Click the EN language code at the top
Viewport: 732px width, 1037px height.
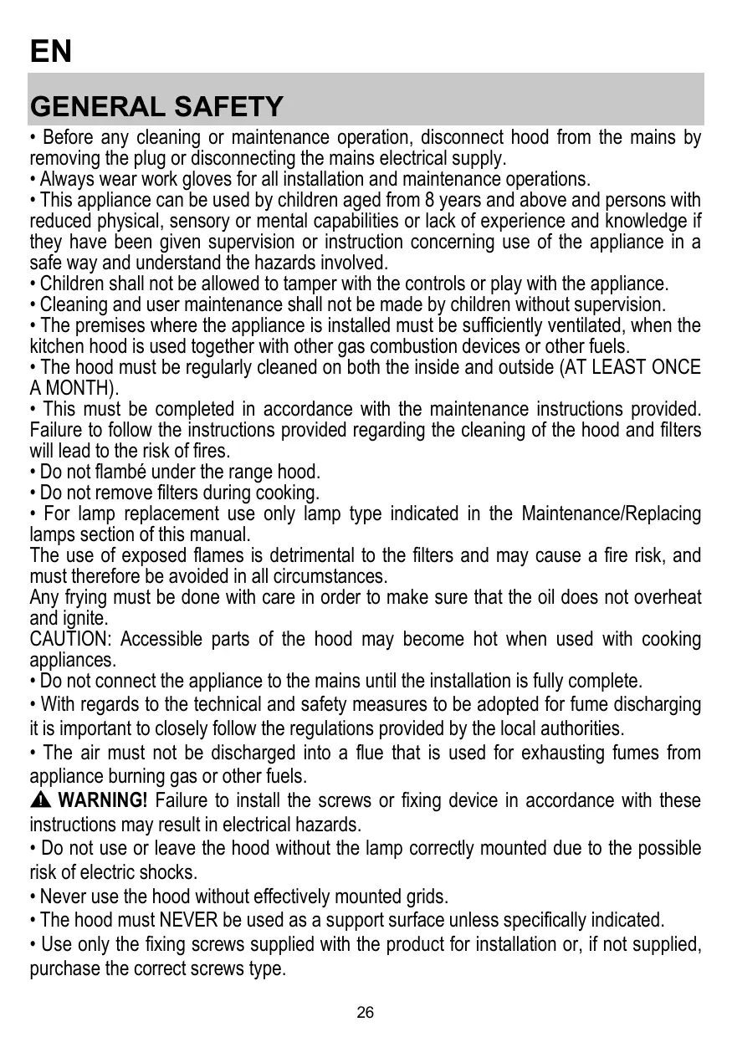pyautogui.click(x=51, y=52)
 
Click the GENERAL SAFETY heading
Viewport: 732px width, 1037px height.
pyautogui.click(x=156, y=107)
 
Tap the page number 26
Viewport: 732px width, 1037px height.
pyautogui.click(x=366, y=1013)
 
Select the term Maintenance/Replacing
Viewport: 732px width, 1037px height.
pyautogui.click(x=612, y=513)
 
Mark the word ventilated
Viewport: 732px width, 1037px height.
pyautogui.click(x=591, y=325)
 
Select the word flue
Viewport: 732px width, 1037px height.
pyautogui.click(x=367, y=753)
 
